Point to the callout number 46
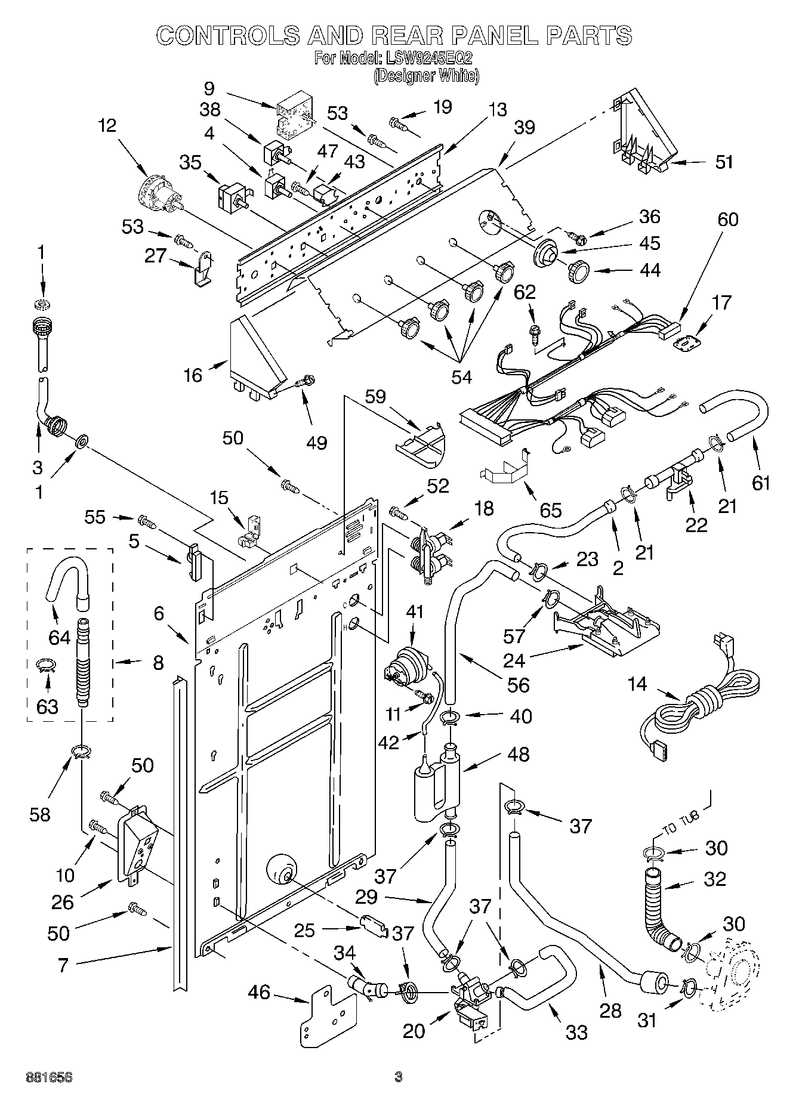tap(260, 992)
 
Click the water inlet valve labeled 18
tap(428, 552)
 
